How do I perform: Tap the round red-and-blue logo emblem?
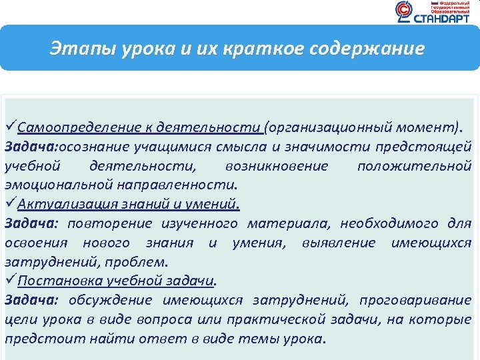(404, 11)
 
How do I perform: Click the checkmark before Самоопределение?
(11, 127)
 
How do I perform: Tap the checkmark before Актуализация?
(11, 203)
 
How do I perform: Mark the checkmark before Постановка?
(11, 281)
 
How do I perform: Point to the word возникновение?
(277, 165)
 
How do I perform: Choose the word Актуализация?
(59, 204)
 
